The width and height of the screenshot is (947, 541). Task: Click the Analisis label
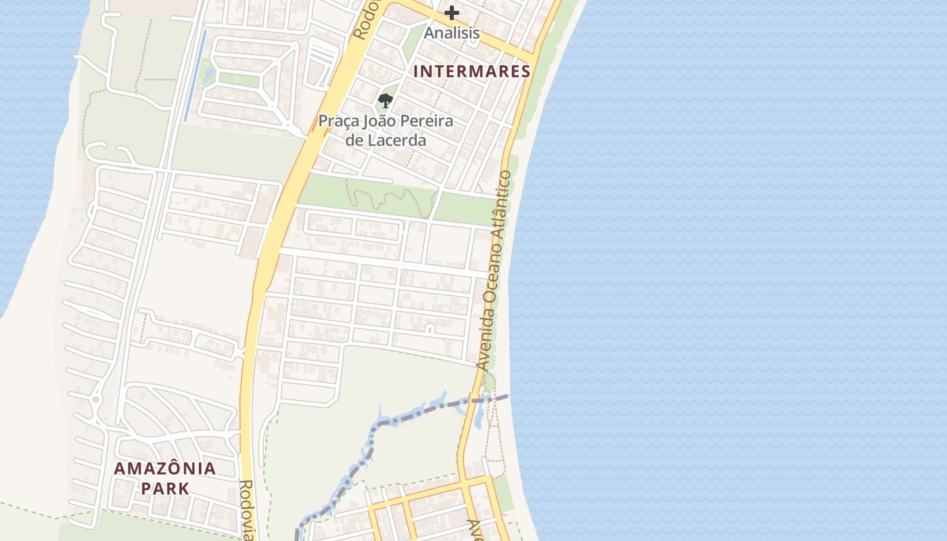(452, 32)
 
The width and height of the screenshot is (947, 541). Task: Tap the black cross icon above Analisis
(452, 13)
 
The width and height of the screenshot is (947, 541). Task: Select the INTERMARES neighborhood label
(471, 71)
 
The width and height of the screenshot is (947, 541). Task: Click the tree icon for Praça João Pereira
(386, 101)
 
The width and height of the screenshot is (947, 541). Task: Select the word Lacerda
(395, 141)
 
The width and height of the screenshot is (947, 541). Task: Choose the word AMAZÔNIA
(164, 468)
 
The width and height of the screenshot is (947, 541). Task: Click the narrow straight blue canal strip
(195, 76)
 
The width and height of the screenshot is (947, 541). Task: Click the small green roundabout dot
(96, 400)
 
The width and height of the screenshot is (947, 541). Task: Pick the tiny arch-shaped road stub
(430, 329)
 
